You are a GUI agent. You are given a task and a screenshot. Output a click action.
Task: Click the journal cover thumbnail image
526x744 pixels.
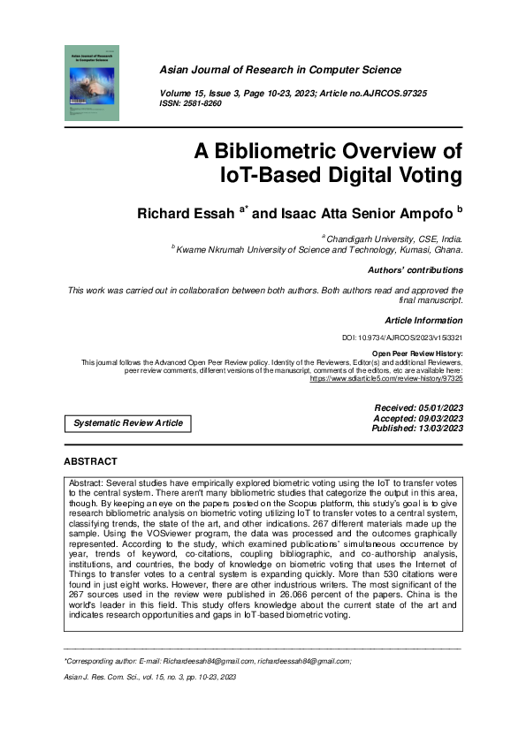pyautogui.click(x=92, y=83)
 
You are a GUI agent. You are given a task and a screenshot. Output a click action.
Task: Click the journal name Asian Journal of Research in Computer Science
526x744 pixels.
pyautogui.click(x=280, y=70)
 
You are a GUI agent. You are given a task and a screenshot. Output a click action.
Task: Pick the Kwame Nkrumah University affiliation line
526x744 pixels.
pyautogui.click(x=318, y=250)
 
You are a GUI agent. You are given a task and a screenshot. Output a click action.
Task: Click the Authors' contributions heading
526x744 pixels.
pyautogui.click(x=415, y=270)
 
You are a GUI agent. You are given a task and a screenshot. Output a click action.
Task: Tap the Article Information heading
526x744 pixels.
pyautogui.click(x=423, y=320)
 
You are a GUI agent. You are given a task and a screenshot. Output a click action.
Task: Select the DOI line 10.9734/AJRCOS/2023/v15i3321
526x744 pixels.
pyautogui.click(x=402, y=338)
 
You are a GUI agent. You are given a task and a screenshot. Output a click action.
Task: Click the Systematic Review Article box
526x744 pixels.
pyautogui.click(x=128, y=423)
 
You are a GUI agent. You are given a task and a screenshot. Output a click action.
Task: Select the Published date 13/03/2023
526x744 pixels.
pyautogui.click(x=417, y=429)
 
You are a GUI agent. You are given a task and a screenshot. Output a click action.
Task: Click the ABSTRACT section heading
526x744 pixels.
pyautogui.click(x=90, y=461)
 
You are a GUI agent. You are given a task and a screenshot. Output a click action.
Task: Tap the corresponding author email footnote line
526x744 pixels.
pyautogui.click(x=208, y=661)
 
